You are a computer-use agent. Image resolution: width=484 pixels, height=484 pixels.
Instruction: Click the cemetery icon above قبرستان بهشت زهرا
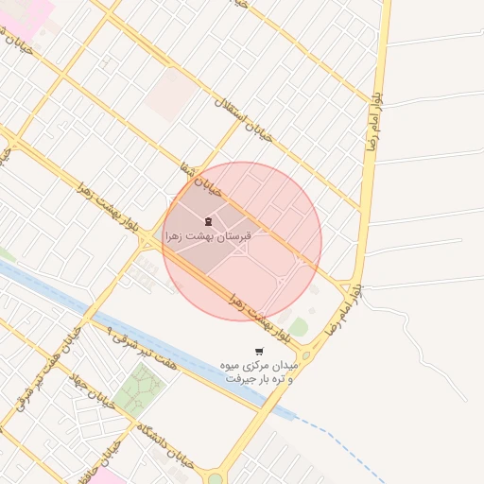[208, 221]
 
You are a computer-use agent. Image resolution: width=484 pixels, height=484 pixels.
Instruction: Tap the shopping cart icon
[259, 352]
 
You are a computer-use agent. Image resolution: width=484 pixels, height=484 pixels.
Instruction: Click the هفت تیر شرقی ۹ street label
[138, 347]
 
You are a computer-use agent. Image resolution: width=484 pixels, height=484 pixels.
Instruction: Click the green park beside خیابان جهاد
[140, 388]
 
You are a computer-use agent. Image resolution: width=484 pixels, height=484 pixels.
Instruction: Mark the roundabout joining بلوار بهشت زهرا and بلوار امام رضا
[304, 356]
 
